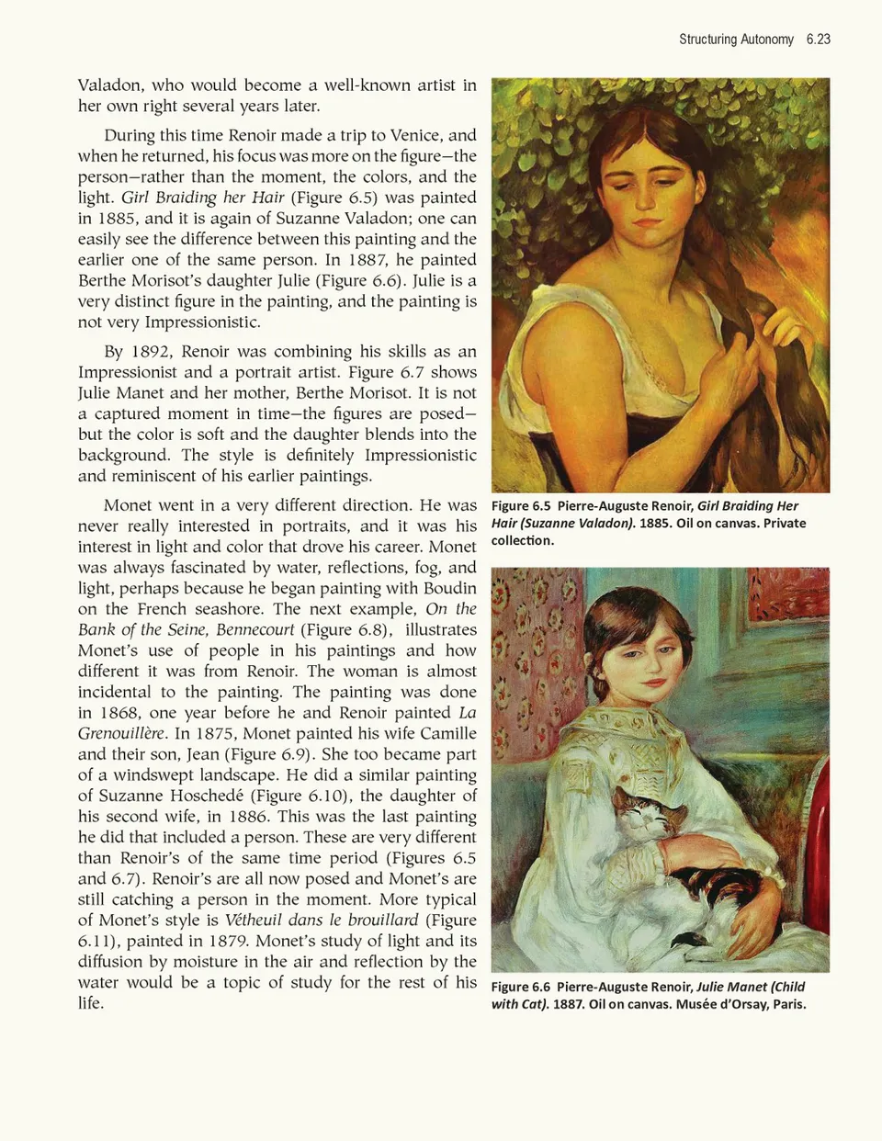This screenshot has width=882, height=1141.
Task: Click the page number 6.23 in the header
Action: pos(818,40)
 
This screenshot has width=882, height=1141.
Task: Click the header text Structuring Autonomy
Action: pos(736,40)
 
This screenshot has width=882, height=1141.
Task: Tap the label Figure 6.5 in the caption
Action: pos(521,506)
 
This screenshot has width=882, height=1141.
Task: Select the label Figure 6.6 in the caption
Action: pos(521,988)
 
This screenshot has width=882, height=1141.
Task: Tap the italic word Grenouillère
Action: pos(120,733)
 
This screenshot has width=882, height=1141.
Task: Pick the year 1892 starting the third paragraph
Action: pos(151,352)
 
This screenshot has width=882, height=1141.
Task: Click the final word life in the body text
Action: pos(90,1003)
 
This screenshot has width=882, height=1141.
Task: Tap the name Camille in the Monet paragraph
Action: pos(448,733)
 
